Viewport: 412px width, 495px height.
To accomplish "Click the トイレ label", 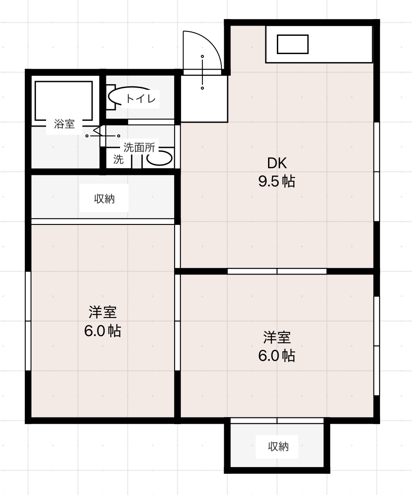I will [141, 99].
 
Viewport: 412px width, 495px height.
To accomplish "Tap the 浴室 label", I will [64, 124].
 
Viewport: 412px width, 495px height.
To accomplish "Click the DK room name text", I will [277, 163].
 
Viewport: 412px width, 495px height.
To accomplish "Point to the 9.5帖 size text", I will [277, 182].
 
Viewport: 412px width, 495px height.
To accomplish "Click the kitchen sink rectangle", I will [292, 44].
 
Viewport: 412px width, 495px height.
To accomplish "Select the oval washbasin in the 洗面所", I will [159, 159].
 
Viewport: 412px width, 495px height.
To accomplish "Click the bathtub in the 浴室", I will [64, 100].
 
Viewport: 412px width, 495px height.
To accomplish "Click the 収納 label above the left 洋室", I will [104, 199].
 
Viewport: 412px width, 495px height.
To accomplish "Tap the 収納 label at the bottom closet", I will [278, 447].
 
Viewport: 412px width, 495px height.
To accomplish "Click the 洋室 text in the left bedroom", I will [103, 313].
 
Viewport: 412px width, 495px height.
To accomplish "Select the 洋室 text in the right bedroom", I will [277, 337].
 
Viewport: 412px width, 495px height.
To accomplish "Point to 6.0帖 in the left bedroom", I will [103, 331].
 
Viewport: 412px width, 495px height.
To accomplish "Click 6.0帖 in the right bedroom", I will [277, 356].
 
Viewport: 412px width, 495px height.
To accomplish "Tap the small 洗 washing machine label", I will [118, 160].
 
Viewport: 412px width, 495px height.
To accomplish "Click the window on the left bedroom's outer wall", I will [28, 321].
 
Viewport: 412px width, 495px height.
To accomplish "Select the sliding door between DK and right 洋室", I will [277, 271].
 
